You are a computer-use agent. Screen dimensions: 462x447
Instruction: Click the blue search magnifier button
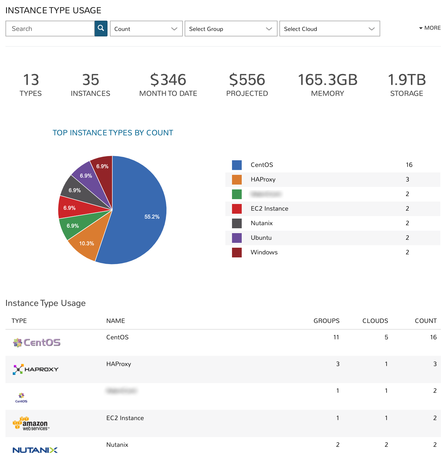(x=101, y=29)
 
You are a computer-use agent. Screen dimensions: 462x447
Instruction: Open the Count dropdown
(x=146, y=29)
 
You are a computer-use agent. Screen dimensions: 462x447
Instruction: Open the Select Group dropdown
(x=231, y=29)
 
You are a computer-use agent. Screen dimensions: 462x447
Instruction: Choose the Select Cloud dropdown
(x=329, y=29)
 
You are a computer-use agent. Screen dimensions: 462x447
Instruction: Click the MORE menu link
(x=430, y=28)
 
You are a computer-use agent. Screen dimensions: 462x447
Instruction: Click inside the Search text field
(x=50, y=29)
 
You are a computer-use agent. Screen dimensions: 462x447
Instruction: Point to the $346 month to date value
(x=168, y=80)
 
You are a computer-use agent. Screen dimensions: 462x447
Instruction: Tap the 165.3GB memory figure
(x=328, y=80)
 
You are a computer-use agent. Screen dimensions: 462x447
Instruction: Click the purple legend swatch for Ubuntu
(x=237, y=238)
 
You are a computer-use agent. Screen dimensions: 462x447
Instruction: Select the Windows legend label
(x=264, y=252)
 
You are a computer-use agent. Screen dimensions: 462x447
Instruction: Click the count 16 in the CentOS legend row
(x=409, y=165)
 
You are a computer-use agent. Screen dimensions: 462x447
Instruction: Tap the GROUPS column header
(x=326, y=321)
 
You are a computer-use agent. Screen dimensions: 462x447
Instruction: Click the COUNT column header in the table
(x=426, y=321)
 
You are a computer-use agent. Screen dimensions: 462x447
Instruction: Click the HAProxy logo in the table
(x=36, y=369)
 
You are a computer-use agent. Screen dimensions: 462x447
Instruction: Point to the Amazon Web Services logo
(x=31, y=423)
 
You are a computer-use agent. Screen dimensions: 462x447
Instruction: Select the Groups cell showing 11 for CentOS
(x=336, y=337)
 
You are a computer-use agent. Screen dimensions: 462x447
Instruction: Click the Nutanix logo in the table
(x=35, y=450)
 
